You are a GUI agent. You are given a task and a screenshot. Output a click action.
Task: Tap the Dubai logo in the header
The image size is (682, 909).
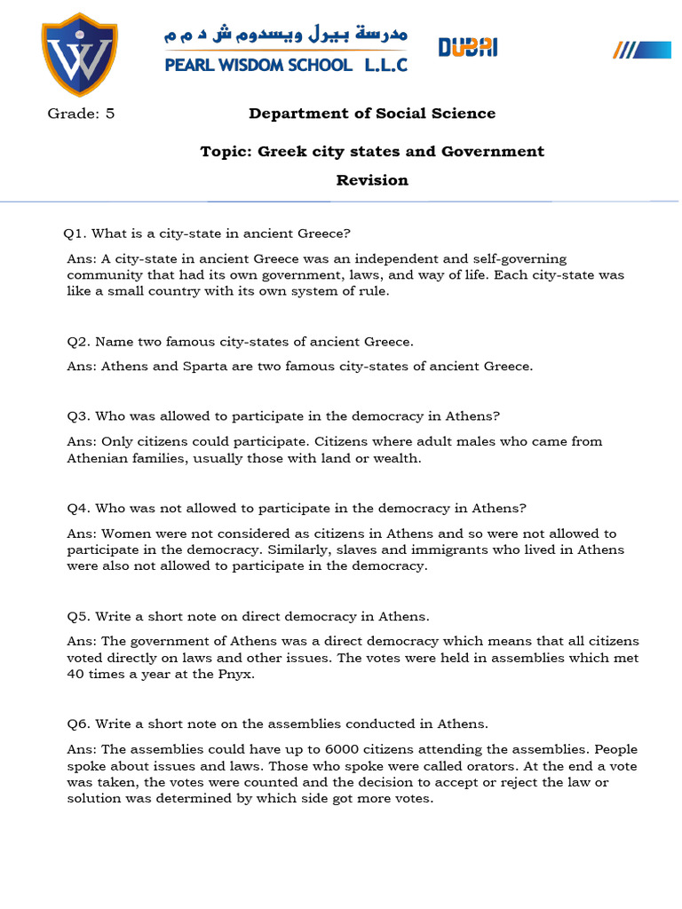coord(467,47)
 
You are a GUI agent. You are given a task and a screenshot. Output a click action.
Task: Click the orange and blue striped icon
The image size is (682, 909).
coord(642,50)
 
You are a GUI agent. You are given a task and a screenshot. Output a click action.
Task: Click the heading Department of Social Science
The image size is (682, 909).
coord(372,114)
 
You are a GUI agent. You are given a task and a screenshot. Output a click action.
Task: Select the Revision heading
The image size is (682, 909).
coord(372,180)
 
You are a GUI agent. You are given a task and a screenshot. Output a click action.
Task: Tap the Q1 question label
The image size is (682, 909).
coord(74,233)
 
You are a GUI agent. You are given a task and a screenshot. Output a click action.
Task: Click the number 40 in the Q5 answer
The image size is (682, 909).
coord(76,673)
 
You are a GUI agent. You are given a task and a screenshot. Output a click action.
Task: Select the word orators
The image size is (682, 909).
coord(500,766)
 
